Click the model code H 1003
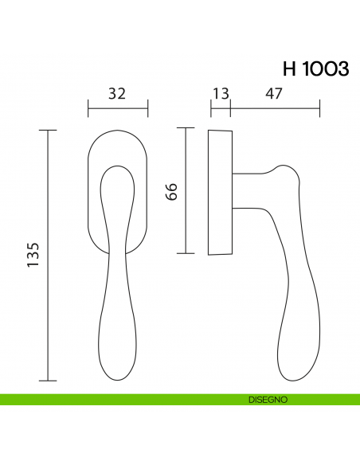coord(315,69)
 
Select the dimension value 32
coord(117,94)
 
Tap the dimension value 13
coord(220,94)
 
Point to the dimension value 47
coord(274,94)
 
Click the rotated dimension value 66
coord(170,191)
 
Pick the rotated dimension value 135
coord(33,255)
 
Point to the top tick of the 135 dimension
coord(49,130)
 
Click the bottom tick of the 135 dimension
coord(49,380)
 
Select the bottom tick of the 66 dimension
coord(186,253)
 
